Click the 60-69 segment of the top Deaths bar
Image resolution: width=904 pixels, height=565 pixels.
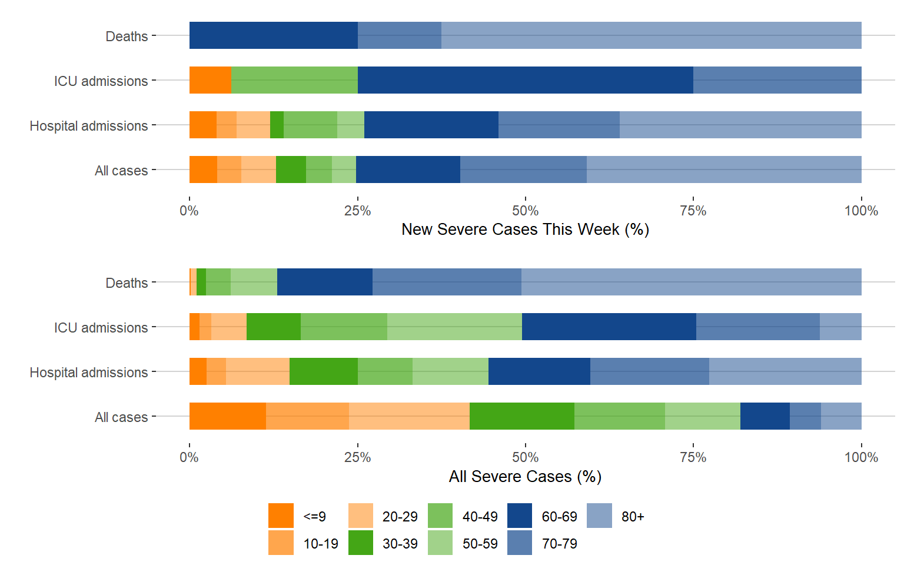point(273,35)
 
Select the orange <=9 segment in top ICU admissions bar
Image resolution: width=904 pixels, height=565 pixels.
point(210,80)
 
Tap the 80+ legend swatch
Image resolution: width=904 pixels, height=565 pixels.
point(599,516)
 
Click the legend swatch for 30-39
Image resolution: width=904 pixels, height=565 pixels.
point(360,543)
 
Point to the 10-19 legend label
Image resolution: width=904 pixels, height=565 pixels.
point(320,544)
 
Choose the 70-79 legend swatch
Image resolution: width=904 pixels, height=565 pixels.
point(519,543)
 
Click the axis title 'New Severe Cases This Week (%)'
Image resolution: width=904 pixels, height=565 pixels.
point(525,230)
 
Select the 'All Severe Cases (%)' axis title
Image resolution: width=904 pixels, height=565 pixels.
point(525,476)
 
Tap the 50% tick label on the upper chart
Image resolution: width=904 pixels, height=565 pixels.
point(525,211)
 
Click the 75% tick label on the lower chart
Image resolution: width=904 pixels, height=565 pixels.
point(693,457)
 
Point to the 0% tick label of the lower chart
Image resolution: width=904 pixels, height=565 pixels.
point(189,457)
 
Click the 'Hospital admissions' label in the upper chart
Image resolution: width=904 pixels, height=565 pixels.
point(89,126)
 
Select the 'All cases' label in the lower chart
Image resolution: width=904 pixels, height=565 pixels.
point(121,417)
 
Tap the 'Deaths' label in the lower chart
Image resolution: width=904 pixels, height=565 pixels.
point(127,283)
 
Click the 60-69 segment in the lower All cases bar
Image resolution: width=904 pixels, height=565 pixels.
point(765,416)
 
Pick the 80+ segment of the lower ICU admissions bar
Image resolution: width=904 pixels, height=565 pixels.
point(840,327)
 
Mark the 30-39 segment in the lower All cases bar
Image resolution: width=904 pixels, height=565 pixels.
point(521,416)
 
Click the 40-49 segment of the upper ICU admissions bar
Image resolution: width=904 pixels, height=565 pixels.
point(294,80)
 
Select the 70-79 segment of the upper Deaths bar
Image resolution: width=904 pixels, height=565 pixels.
point(399,35)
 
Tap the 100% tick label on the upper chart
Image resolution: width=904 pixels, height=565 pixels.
point(860,211)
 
